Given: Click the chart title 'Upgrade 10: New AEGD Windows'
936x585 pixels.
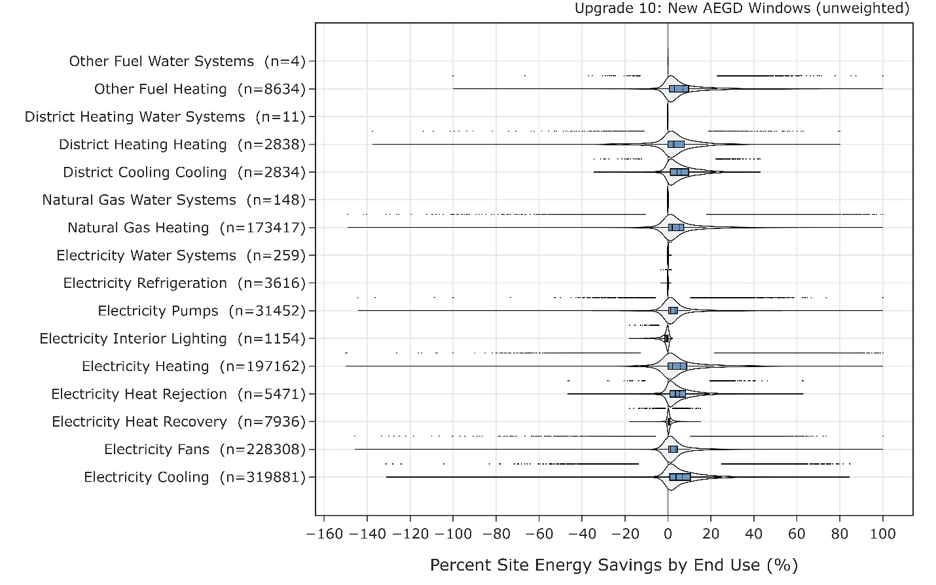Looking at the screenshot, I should pyautogui.click(x=742, y=9).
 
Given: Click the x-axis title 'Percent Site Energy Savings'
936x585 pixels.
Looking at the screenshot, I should pyautogui.click(x=613, y=565).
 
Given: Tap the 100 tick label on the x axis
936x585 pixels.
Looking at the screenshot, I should pyautogui.click(x=882, y=533).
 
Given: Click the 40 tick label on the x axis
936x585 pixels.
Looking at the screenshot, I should pyautogui.click(x=753, y=533).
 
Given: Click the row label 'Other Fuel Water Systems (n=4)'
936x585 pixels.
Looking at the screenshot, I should pyautogui.click(x=187, y=62).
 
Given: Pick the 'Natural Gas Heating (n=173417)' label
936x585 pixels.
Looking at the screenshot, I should pyautogui.click(x=187, y=228).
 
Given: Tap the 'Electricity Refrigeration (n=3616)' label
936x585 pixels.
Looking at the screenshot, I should pyautogui.click(x=185, y=283).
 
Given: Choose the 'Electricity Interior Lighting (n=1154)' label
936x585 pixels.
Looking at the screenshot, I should pyautogui.click(x=173, y=339).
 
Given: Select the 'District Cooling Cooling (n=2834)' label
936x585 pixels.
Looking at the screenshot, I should pyautogui.click(x=185, y=172).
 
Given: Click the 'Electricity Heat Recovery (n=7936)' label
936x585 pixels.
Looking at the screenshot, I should pyautogui.click(x=179, y=422).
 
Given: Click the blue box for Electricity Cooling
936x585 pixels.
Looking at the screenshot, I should pyautogui.click(x=679, y=477).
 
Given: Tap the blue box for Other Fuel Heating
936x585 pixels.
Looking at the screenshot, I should pyautogui.click(x=679, y=89).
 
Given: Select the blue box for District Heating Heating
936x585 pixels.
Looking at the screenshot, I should pyautogui.click(x=676, y=145).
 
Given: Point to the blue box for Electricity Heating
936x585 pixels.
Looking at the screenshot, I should pyautogui.click(x=677, y=366).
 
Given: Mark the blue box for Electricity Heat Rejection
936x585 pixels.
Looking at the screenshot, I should pyautogui.click(x=677, y=394).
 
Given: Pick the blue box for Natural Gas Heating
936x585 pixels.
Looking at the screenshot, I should pyautogui.click(x=676, y=228).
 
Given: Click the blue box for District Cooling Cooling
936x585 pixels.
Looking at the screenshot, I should pyautogui.click(x=679, y=172).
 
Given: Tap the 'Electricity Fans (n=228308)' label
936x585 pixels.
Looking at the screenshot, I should pyautogui.click(x=205, y=450).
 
